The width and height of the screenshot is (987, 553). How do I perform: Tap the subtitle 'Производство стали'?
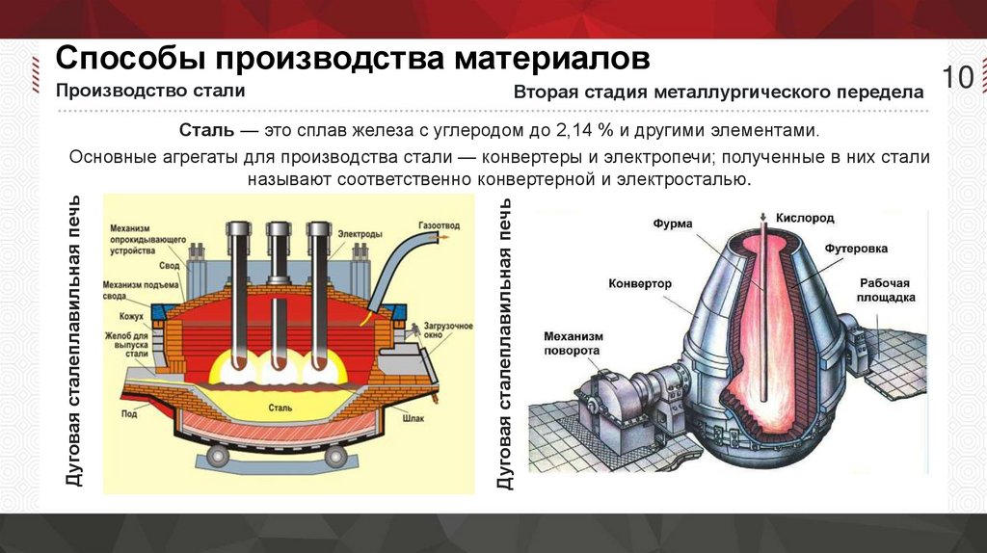click(x=149, y=91)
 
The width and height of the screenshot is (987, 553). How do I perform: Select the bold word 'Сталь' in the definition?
click(x=201, y=130)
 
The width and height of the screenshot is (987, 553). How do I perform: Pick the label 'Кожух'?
click(x=131, y=316)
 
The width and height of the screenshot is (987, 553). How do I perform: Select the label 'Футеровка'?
click(x=856, y=249)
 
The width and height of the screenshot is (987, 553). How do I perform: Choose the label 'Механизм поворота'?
click(x=573, y=343)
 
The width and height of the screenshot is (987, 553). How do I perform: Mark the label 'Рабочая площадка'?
click(x=884, y=290)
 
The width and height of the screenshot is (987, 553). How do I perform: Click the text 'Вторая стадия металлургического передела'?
click(x=718, y=93)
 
